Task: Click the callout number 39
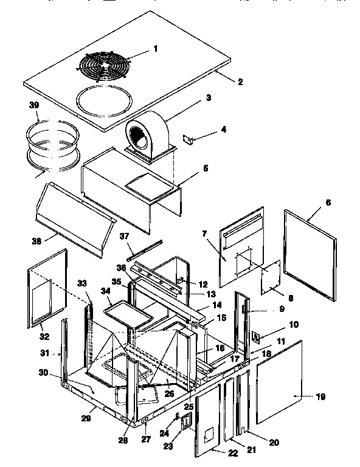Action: (x=34, y=106)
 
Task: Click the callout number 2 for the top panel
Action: (x=240, y=81)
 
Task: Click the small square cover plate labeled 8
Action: (x=269, y=278)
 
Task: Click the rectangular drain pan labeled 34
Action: (x=124, y=314)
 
